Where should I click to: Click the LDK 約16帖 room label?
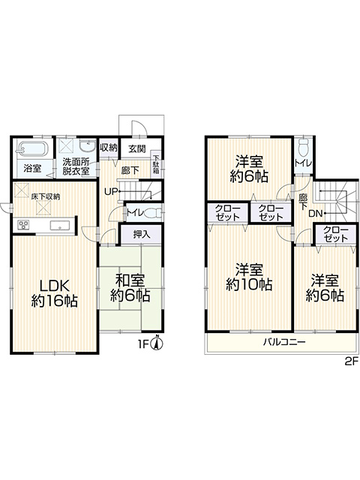[55, 293]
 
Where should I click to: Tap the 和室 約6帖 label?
[130, 287]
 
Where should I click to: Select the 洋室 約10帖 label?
[249, 277]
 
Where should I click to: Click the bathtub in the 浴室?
[32, 149]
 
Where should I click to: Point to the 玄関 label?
[136, 149]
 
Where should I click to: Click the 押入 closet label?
[142, 234]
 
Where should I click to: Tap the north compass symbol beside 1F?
[157, 343]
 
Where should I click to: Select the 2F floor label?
[352, 362]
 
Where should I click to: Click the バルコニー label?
[284, 342]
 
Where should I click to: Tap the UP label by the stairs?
[110, 192]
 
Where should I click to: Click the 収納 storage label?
[109, 148]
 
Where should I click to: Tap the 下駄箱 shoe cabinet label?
[157, 165]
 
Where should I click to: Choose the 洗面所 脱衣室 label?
[76, 166]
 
